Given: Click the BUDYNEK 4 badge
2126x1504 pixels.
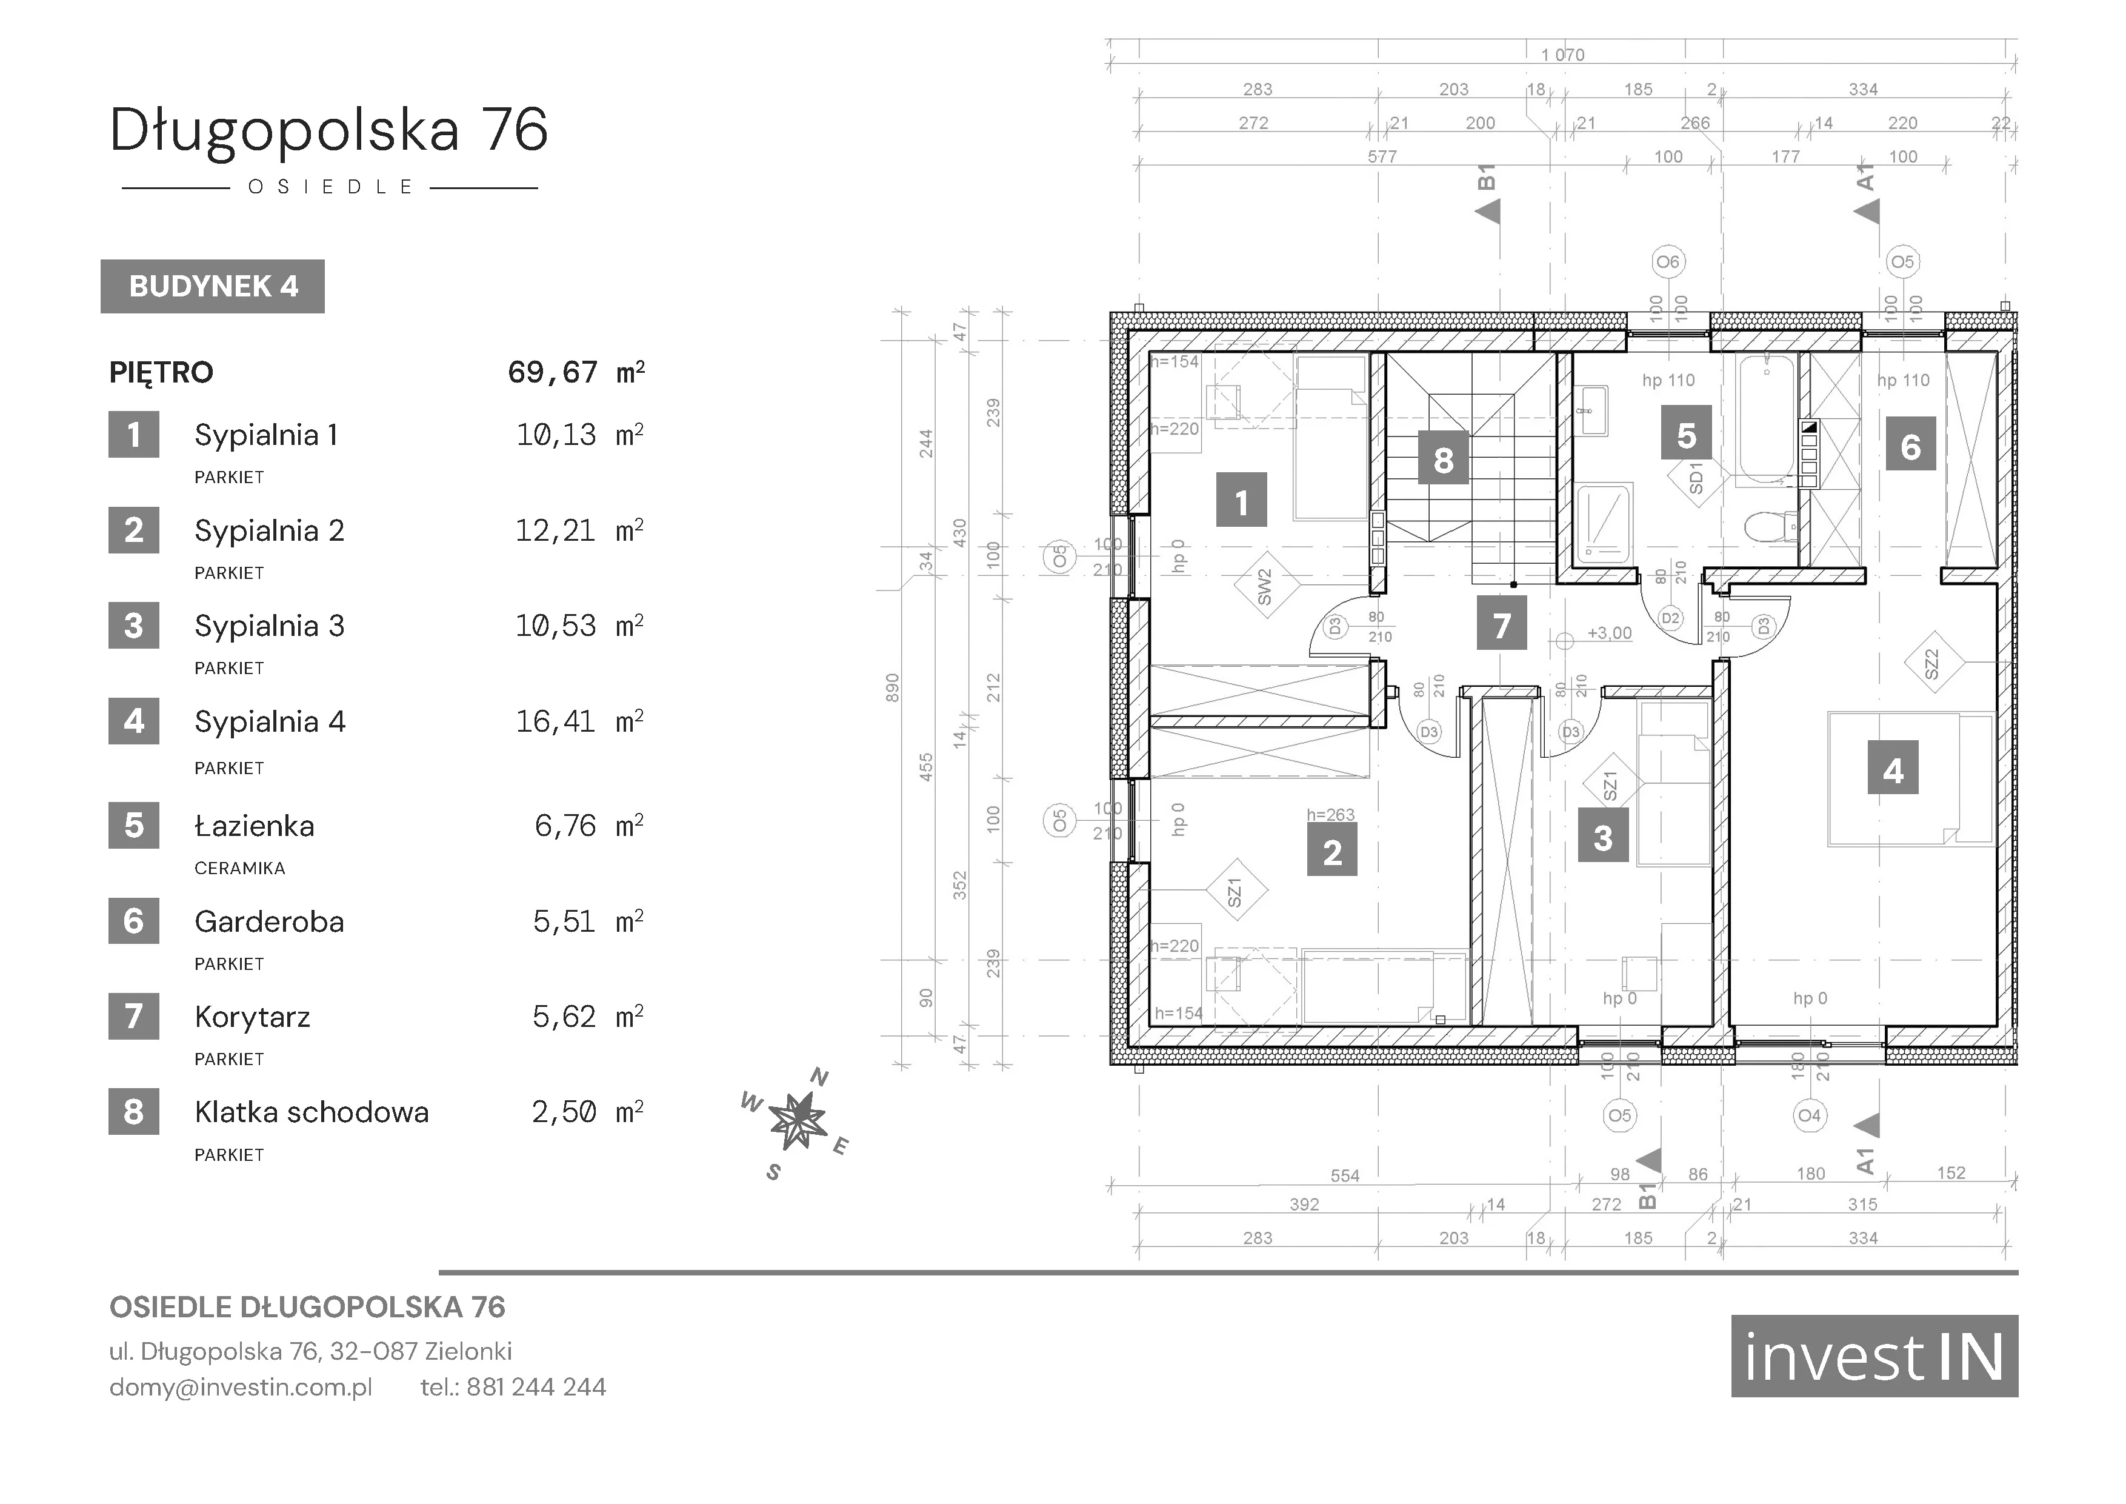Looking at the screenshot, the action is [x=212, y=286].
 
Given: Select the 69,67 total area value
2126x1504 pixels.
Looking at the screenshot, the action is [x=553, y=372].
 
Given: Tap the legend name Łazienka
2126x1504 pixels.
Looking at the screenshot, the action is [x=255, y=826].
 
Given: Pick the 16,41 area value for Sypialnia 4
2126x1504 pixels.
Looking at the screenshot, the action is [x=556, y=721].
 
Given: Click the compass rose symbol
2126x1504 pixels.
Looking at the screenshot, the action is [x=796, y=1121].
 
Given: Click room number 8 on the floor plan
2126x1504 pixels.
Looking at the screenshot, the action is [x=1444, y=460].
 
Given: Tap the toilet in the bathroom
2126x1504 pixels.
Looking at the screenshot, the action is [x=1768, y=529].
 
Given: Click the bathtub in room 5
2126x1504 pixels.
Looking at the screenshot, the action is [x=1766, y=419].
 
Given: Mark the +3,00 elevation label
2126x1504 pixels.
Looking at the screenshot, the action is [x=1609, y=634].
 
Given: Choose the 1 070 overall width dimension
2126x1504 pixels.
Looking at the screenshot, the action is [x=1563, y=55].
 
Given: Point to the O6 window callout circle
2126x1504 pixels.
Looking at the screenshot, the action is [x=1668, y=262].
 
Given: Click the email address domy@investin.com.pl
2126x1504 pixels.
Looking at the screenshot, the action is [x=241, y=1388].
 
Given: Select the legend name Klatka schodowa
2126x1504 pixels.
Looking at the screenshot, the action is [x=312, y=1112].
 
